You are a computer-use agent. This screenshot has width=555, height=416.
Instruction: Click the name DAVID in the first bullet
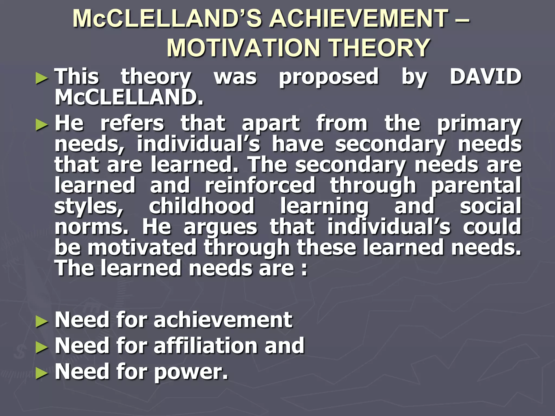[485, 76]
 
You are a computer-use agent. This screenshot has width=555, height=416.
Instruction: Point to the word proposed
[329, 77]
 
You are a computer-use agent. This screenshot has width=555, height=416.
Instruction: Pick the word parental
[476, 186]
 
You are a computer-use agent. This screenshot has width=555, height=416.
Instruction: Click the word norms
[91, 227]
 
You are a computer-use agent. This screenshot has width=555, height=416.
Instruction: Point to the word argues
[220, 228]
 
